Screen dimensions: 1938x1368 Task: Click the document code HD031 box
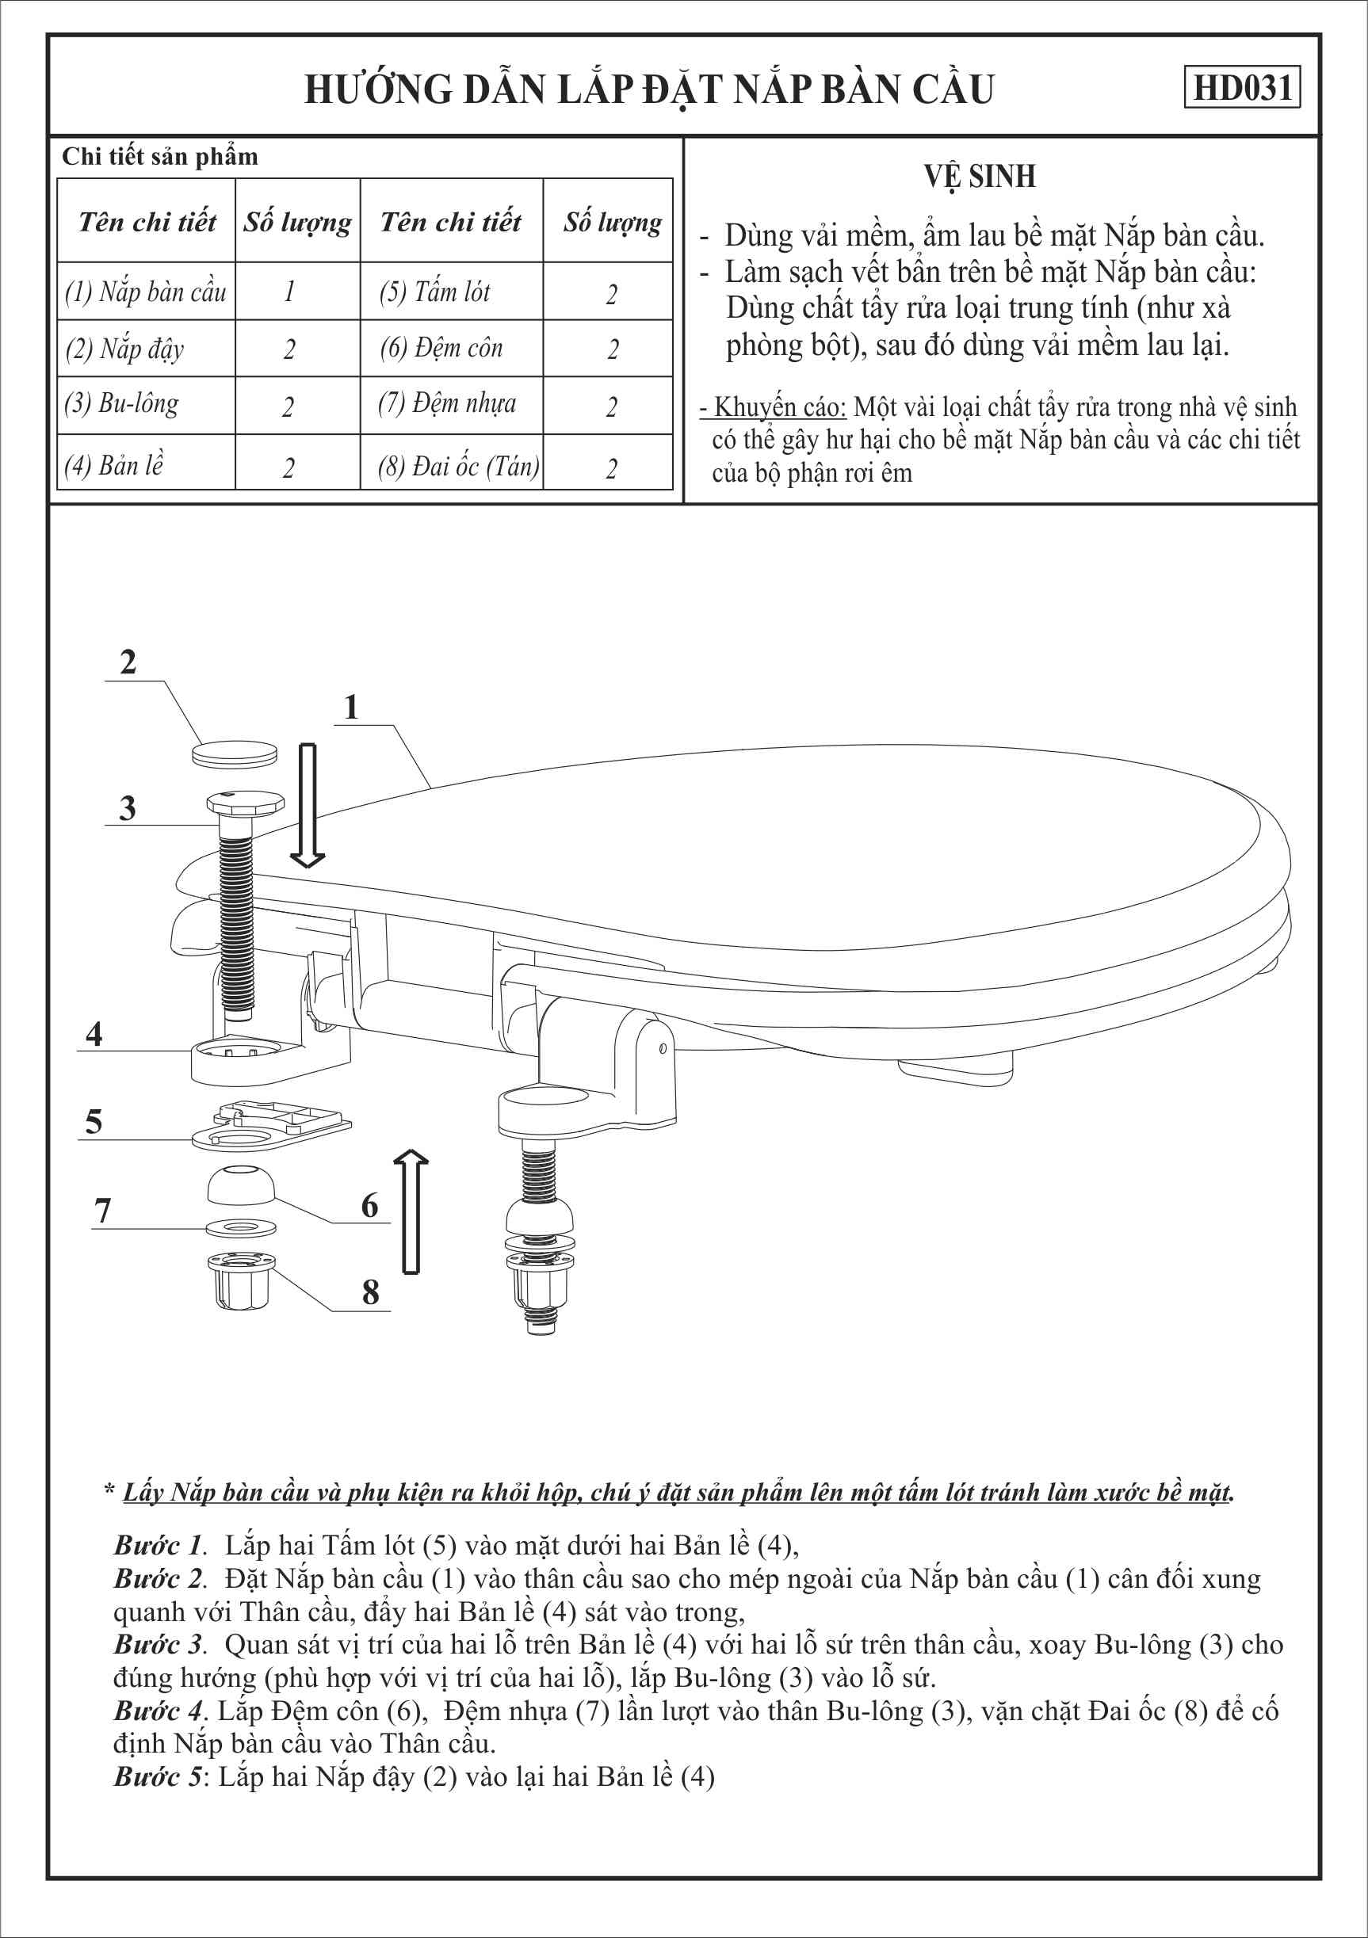[x=1241, y=87]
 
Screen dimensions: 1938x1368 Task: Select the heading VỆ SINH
[x=980, y=177]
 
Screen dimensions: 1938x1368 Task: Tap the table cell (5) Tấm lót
[x=435, y=292]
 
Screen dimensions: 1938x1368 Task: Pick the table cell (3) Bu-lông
[x=121, y=404]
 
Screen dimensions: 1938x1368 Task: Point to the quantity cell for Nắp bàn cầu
[x=289, y=292]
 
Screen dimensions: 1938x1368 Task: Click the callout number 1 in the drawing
[x=351, y=708]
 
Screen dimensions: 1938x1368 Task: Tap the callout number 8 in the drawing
[x=370, y=1292]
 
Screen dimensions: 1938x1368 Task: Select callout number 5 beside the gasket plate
[x=94, y=1122]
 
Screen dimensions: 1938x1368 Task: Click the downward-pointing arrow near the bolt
[x=308, y=805]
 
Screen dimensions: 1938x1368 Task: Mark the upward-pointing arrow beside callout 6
[x=411, y=1211]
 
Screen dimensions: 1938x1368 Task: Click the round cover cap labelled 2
[x=235, y=753]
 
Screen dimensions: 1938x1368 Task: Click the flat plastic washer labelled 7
[x=242, y=1228]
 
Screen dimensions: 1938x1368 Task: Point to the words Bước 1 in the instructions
[x=159, y=1546]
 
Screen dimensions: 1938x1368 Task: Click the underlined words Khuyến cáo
[x=778, y=408]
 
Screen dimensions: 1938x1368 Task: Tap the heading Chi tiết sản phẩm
[x=159, y=157]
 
